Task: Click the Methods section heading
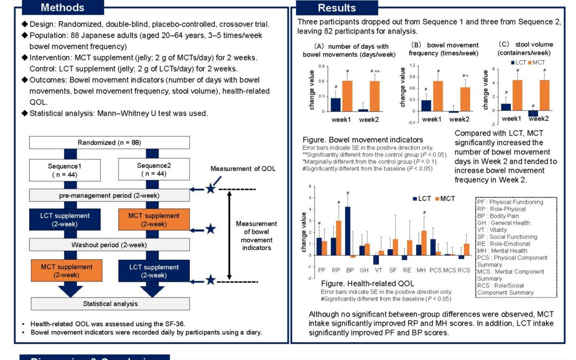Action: [62, 7]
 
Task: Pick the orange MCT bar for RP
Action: [339, 238]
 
